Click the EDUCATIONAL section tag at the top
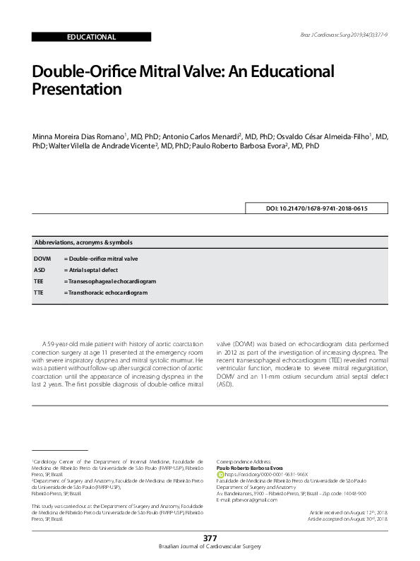click(91, 37)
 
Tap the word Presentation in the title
click(78, 90)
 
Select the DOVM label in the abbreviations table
click(42, 259)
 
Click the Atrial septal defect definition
click(91, 270)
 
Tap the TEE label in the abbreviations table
click(39, 281)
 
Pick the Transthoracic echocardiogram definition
click(106, 292)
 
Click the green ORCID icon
click(220, 473)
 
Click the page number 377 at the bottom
click(210, 538)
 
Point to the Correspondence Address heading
click(242, 461)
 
